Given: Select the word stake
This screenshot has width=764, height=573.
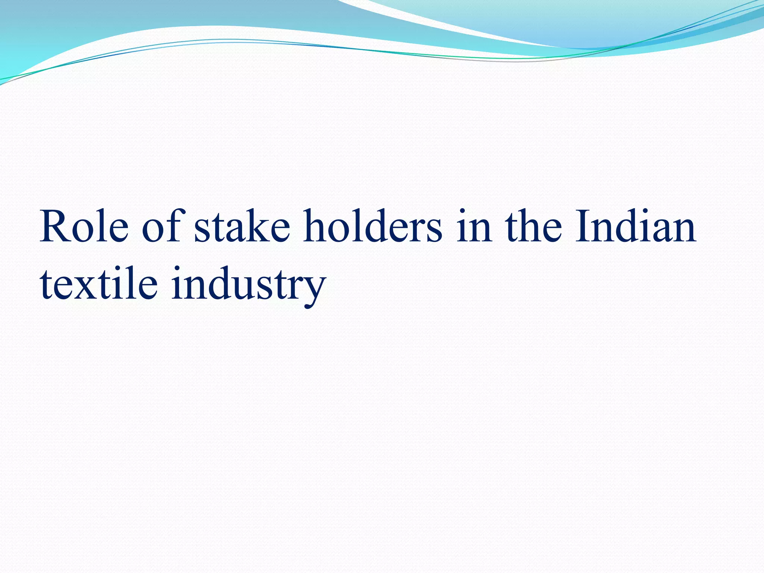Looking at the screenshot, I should (x=242, y=227).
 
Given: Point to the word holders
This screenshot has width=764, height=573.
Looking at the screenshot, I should (x=373, y=227).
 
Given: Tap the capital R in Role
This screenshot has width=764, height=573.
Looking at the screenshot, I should (x=56, y=227).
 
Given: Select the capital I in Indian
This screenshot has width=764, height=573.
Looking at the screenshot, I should (x=583, y=227).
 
